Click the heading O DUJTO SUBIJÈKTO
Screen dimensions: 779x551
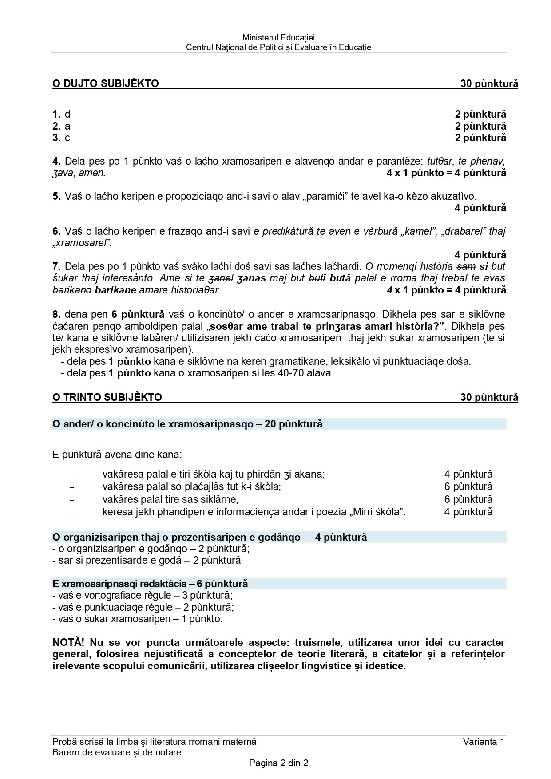coord(105,83)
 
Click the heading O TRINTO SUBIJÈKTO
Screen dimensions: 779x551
coord(107,397)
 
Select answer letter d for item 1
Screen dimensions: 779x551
coord(67,115)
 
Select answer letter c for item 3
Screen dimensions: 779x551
coord(67,138)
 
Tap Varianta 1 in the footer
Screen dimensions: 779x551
coord(484,742)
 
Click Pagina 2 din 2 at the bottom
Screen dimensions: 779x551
coord(278,763)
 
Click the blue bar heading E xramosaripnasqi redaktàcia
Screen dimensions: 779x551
coord(150,584)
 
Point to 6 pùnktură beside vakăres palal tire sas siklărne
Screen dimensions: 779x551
coord(468,499)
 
